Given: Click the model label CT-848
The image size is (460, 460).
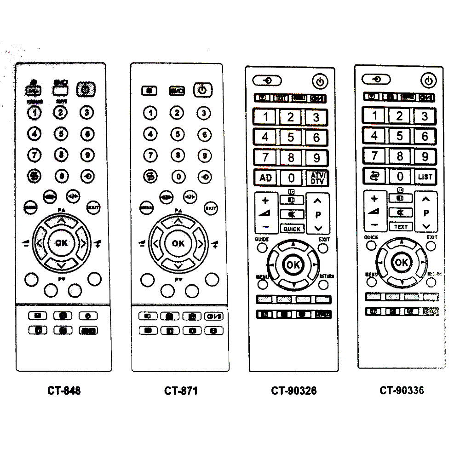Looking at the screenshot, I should (x=64, y=391).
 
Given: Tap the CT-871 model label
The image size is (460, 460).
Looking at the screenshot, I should (x=181, y=391).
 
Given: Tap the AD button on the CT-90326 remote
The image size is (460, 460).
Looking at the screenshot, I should (x=265, y=178).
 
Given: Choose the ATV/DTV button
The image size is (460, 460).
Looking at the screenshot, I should (x=316, y=178).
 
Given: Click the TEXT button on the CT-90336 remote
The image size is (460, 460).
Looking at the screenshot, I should (x=401, y=226).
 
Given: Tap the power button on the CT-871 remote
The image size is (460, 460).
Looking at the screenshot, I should (x=202, y=90).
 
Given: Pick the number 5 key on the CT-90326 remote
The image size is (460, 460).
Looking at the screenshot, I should (x=291, y=137).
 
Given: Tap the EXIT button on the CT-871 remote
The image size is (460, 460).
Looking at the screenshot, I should (x=210, y=207).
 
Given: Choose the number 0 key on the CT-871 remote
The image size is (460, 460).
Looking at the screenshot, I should (x=178, y=176).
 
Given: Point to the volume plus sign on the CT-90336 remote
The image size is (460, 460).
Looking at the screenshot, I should (x=374, y=199).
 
